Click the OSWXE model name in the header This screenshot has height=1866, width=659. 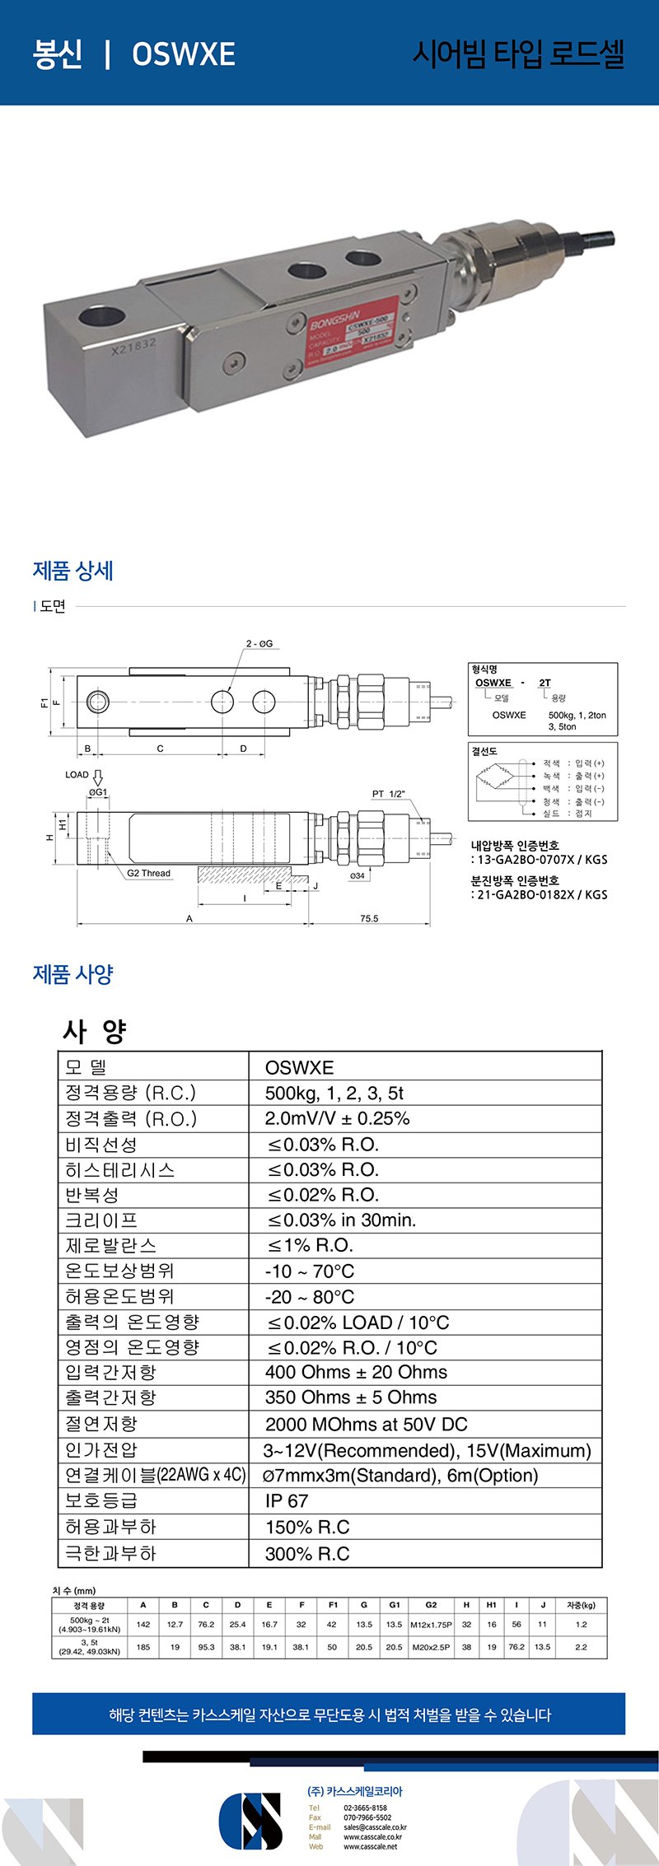183,54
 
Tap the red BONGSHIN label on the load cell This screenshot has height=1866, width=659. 361,327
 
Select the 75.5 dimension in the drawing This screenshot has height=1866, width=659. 369,918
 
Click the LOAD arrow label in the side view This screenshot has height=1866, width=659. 77,775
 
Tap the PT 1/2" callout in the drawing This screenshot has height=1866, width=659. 389,794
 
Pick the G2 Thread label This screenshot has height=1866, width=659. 149,873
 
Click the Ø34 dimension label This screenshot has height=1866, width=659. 358,875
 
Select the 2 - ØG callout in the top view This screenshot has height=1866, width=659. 259,643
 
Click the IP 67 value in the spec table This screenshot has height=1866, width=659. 287,1500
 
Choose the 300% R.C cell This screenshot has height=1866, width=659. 307,1553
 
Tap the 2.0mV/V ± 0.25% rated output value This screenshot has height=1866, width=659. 337,1118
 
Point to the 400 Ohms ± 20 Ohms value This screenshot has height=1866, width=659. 356,1372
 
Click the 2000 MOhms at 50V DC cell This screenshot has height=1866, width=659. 366,1424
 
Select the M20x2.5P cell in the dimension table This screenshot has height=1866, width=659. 431,1647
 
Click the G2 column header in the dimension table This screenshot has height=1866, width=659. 431,1605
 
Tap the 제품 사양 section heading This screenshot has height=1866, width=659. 72,974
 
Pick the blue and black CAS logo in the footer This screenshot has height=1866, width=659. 250,1821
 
